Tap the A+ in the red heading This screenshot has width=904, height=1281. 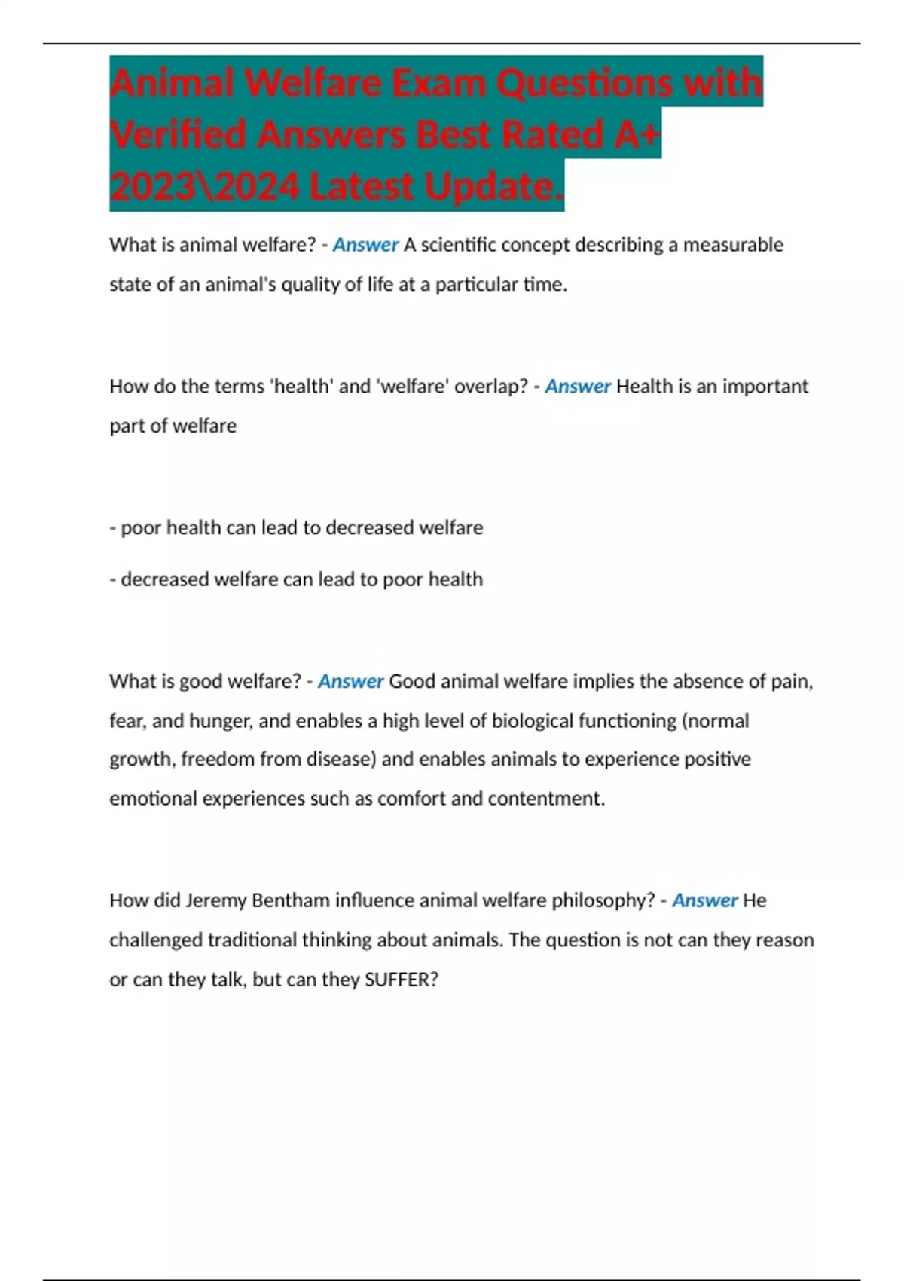(x=636, y=134)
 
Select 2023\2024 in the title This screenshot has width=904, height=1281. (x=203, y=186)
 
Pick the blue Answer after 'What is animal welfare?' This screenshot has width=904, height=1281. (x=365, y=245)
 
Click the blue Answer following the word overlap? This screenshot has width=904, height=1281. (x=578, y=387)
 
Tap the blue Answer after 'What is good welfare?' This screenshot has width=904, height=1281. (x=351, y=681)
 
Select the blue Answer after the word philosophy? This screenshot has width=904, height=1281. (x=704, y=900)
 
